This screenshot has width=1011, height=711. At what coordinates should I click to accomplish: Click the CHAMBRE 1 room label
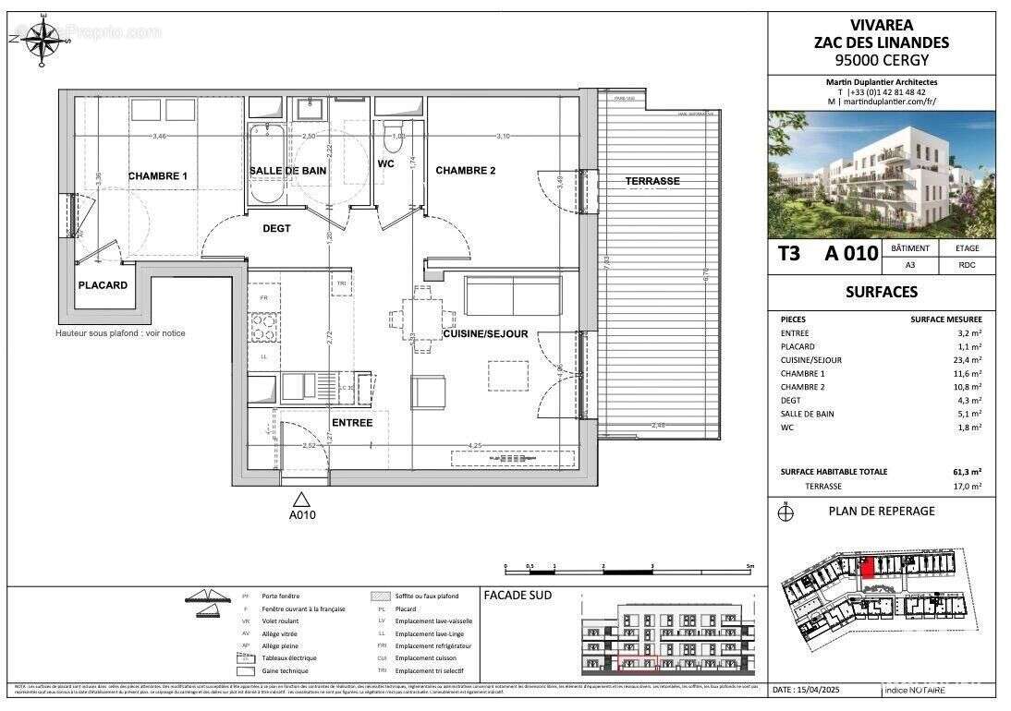(157, 176)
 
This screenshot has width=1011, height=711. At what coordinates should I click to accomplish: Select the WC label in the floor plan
(386, 164)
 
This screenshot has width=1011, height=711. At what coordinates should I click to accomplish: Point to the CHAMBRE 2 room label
(466, 171)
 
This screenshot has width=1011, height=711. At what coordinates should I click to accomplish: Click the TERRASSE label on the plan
(652, 181)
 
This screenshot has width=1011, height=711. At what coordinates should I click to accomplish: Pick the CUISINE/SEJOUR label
(485, 333)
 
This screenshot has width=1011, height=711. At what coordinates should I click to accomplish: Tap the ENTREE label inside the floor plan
(351, 423)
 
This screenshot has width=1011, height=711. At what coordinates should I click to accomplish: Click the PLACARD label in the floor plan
(103, 285)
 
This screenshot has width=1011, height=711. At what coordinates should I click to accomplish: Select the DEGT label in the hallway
(276, 229)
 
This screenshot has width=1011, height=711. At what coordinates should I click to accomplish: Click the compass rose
(41, 42)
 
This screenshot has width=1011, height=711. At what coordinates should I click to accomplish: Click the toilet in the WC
(391, 135)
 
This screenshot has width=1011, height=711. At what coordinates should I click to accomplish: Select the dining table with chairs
(422, 319)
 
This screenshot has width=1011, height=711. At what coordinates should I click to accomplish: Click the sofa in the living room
(511, 295)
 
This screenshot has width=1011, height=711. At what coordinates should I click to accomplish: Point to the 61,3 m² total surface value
(968, 472)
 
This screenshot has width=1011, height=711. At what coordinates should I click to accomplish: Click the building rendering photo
(881, 175)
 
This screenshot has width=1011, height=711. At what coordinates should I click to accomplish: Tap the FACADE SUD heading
(518, 596)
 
